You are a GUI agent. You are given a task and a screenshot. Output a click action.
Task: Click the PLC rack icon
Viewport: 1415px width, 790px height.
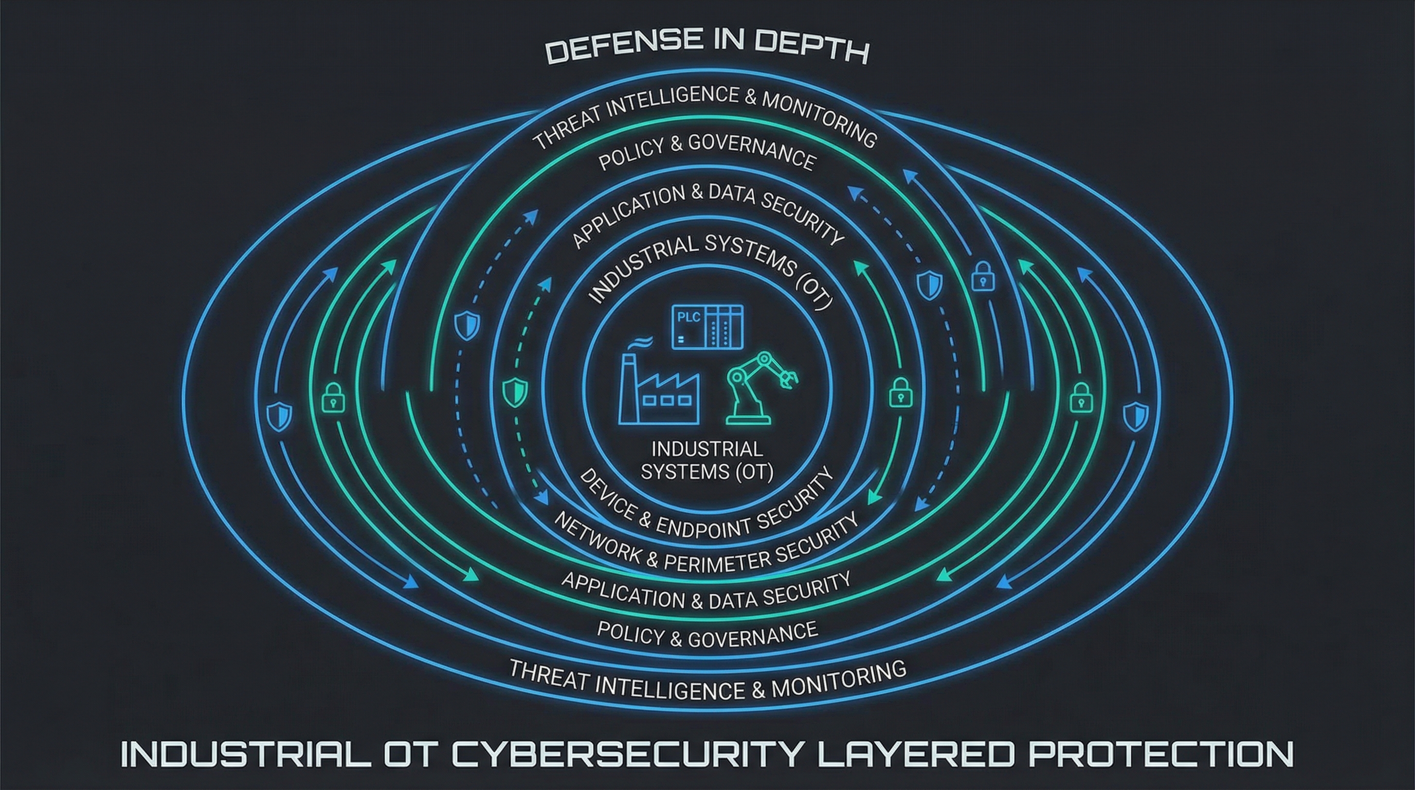[x=707, y=328]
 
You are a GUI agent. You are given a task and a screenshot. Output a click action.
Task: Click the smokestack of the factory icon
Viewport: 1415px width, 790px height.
[x=627, y=385]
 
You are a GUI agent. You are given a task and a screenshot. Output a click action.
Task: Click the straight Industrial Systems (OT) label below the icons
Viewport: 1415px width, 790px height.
[x=707, y=460]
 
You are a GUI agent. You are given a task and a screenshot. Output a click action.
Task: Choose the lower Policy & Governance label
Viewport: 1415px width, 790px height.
[x=707, y=635]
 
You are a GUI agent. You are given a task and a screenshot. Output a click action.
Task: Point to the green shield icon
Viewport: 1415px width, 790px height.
[x=515, y=392]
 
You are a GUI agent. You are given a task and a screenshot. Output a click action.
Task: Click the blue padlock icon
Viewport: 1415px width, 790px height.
[x=983, y=277]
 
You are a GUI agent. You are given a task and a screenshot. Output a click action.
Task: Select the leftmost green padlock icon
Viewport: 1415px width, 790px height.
[x=333, y=398]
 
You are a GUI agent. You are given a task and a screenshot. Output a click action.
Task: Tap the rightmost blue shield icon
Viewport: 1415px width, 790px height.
[x=1135, y=417]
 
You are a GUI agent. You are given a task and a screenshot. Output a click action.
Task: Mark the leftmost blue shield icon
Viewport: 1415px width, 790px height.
[x=279, y=416]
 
